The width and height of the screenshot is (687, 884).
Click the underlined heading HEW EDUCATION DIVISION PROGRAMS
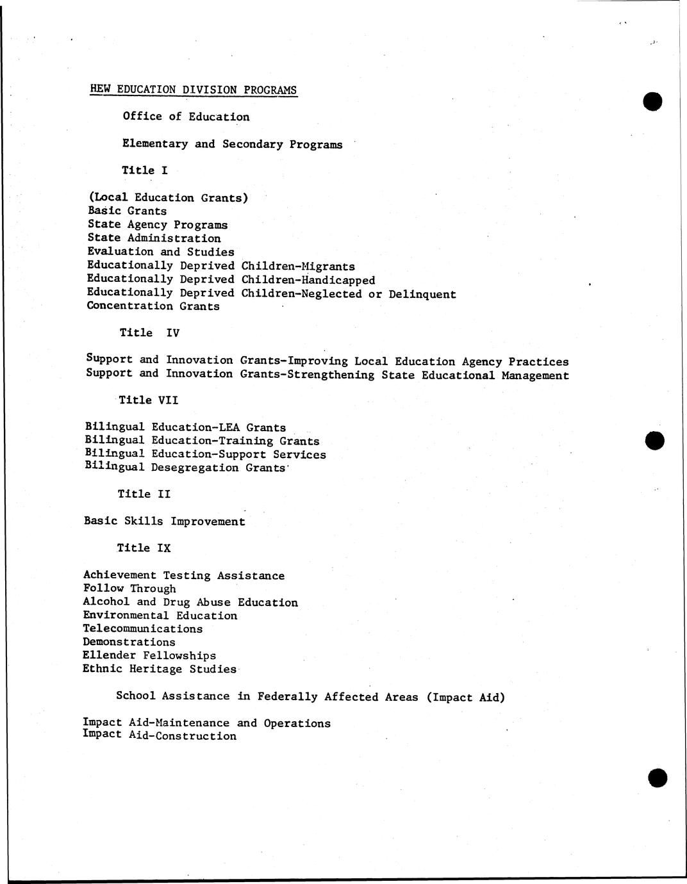[x=194, y=90]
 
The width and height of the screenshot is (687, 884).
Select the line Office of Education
[x=186, y=117]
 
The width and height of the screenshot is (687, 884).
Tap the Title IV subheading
[x=149, y=332]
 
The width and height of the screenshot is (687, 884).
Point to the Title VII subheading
[x=148, y=400]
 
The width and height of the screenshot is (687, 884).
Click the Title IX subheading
[x=144, y=548]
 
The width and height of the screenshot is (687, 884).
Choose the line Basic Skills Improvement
[x=164, y=521]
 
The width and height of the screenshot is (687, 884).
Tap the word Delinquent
[x=422, y=295]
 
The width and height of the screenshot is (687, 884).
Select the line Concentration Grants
[x=153, y=306]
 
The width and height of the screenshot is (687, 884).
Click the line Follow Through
[x=129, y=589]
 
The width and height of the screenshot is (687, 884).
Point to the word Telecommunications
[x=142, y=629]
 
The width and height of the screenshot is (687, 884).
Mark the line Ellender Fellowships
[x=149, y=655]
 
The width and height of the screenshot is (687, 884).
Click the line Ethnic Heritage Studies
[x=160, y=669]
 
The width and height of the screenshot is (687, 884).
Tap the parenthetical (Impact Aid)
[x=465, y=697]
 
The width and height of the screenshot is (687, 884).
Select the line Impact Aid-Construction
[x=160, y=736]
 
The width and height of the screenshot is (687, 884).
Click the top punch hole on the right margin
[x=652, y=101]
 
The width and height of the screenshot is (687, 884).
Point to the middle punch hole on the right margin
[x=655, y=441]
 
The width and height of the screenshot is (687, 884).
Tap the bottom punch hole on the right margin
[x=658, y=778]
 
